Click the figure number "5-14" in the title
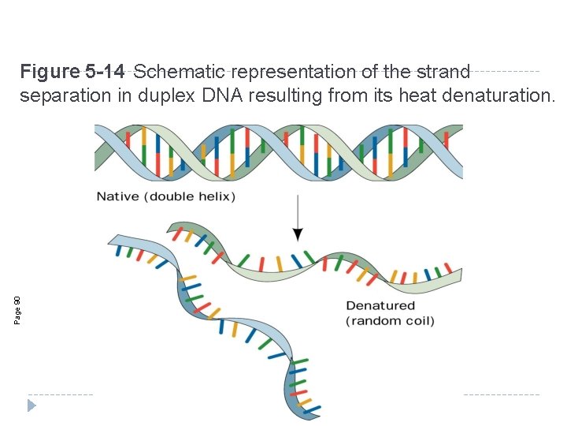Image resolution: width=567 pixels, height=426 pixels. (x=103, y=73)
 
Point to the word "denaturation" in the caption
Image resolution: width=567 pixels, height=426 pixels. (x=498, y=96)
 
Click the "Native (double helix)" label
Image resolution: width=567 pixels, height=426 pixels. (x=165, y=196)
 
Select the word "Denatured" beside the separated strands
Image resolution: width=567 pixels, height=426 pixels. (x=380, y=305)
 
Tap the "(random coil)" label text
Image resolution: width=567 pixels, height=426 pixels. (x=390, y=321)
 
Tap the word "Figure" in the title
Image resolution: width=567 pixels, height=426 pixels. (x=49, y=73)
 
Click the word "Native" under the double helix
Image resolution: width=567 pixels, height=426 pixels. (x=117, y=196)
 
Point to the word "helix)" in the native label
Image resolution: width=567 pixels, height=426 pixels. (x=216, y=196)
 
